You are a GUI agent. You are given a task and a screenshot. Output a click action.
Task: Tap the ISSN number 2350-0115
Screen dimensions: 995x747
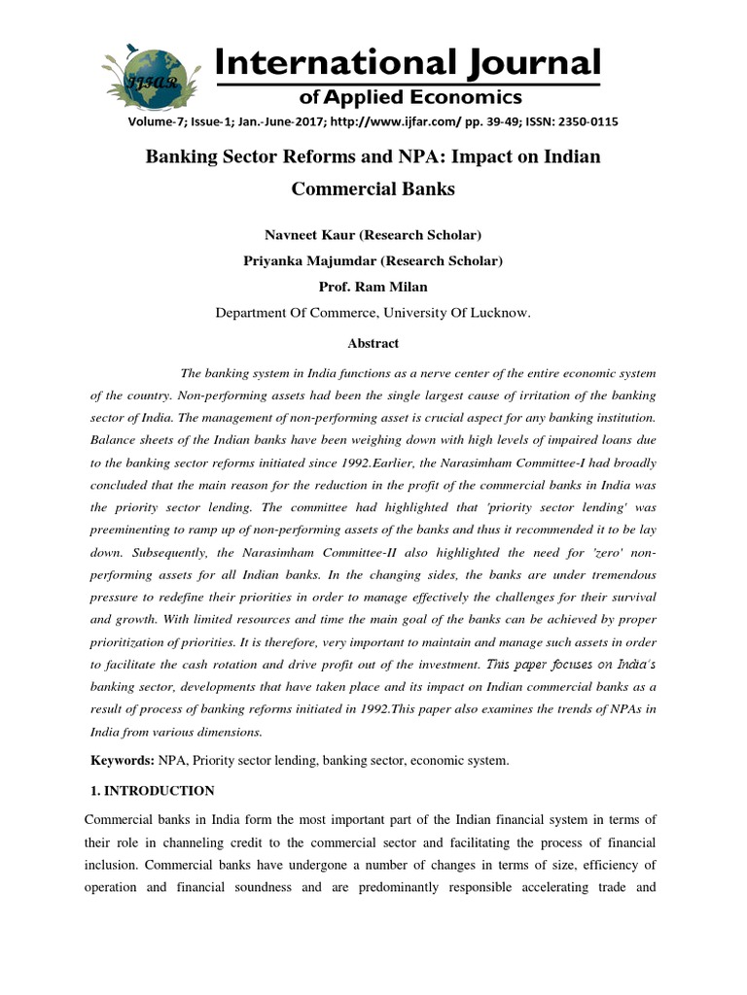(x=583, y=121)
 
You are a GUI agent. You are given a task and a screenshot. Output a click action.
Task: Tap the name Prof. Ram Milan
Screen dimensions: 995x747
(x=373, y=287)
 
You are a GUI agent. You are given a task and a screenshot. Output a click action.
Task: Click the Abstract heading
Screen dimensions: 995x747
(x=373, y=343)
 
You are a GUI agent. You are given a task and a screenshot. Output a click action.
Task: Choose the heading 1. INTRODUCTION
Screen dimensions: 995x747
(x=151, y=791)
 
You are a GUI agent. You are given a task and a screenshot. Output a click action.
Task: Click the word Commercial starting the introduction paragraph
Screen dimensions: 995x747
(x=122, y=822)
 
